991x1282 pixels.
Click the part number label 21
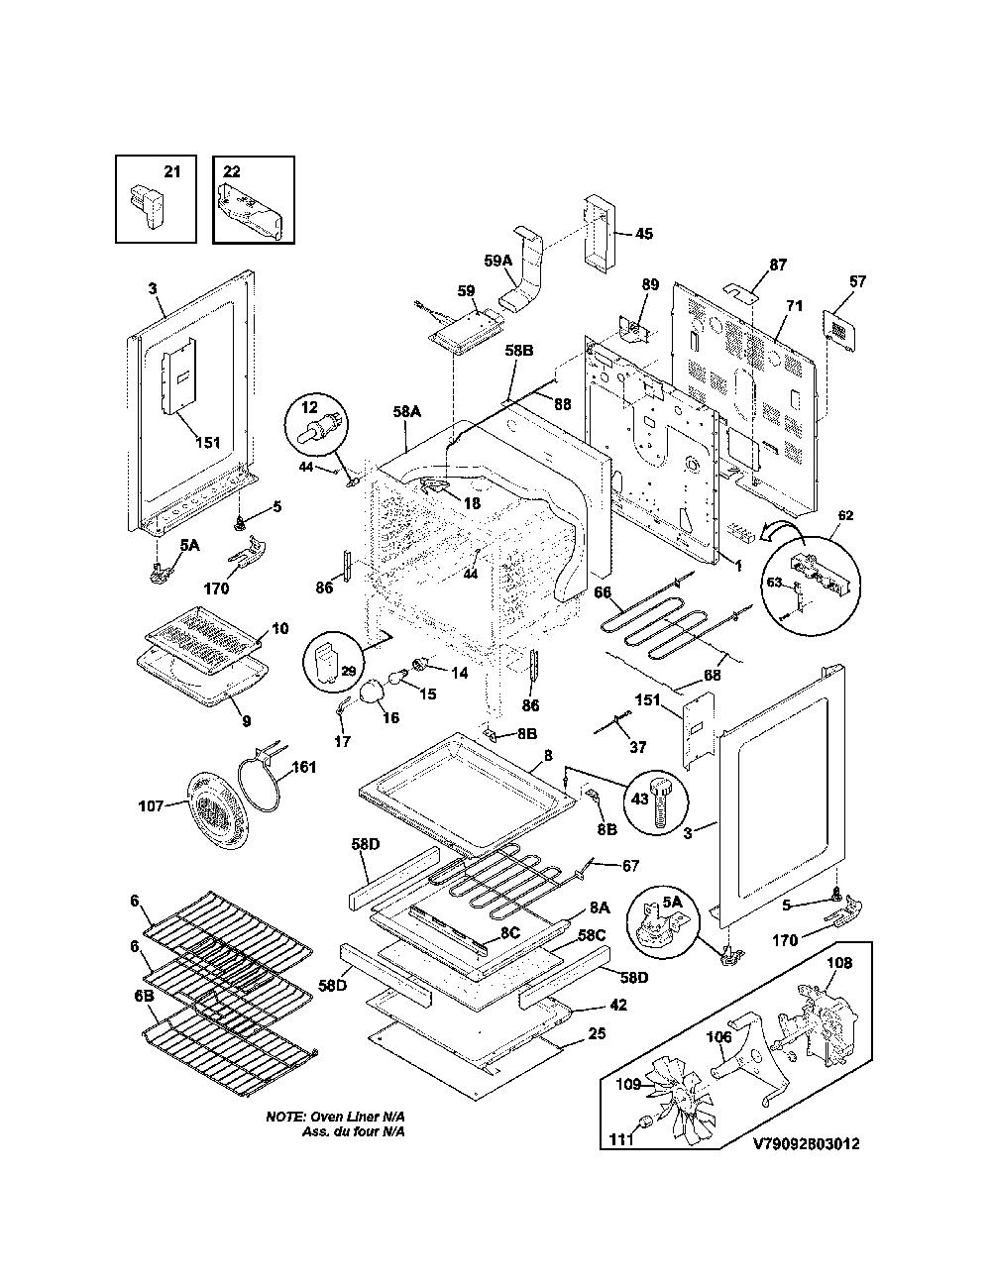tap(171, 171)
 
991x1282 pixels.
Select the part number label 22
tap(232, 171)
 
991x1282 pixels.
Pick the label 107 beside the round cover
tap(151, 804)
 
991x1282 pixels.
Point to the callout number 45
tap(644, 234)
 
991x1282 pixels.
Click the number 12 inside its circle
tap(309, 407)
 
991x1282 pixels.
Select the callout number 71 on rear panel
tap(794, 305)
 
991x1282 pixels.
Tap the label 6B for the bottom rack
tap(144, 996)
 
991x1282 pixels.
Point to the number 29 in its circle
tap(348, 671)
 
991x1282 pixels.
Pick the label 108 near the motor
tap(839, 963)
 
